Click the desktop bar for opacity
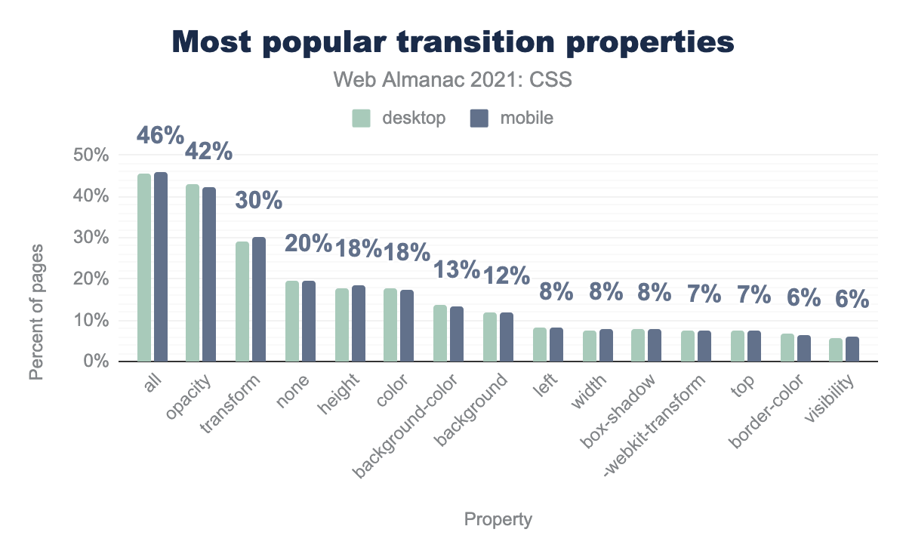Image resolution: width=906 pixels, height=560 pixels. coord(193,273)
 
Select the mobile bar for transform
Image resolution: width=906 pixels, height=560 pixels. coord(259,300)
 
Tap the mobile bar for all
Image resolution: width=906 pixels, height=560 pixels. coord(160,267)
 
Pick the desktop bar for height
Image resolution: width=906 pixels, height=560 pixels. coord(341,325)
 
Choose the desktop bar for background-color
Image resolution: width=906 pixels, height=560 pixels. coord(440,334)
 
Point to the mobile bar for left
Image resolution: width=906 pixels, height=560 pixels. coord(556,345)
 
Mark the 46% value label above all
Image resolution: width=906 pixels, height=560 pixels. coord(160,136)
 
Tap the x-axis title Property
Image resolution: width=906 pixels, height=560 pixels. coord(498,519)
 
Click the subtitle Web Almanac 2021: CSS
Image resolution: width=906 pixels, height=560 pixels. coord(452,80)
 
